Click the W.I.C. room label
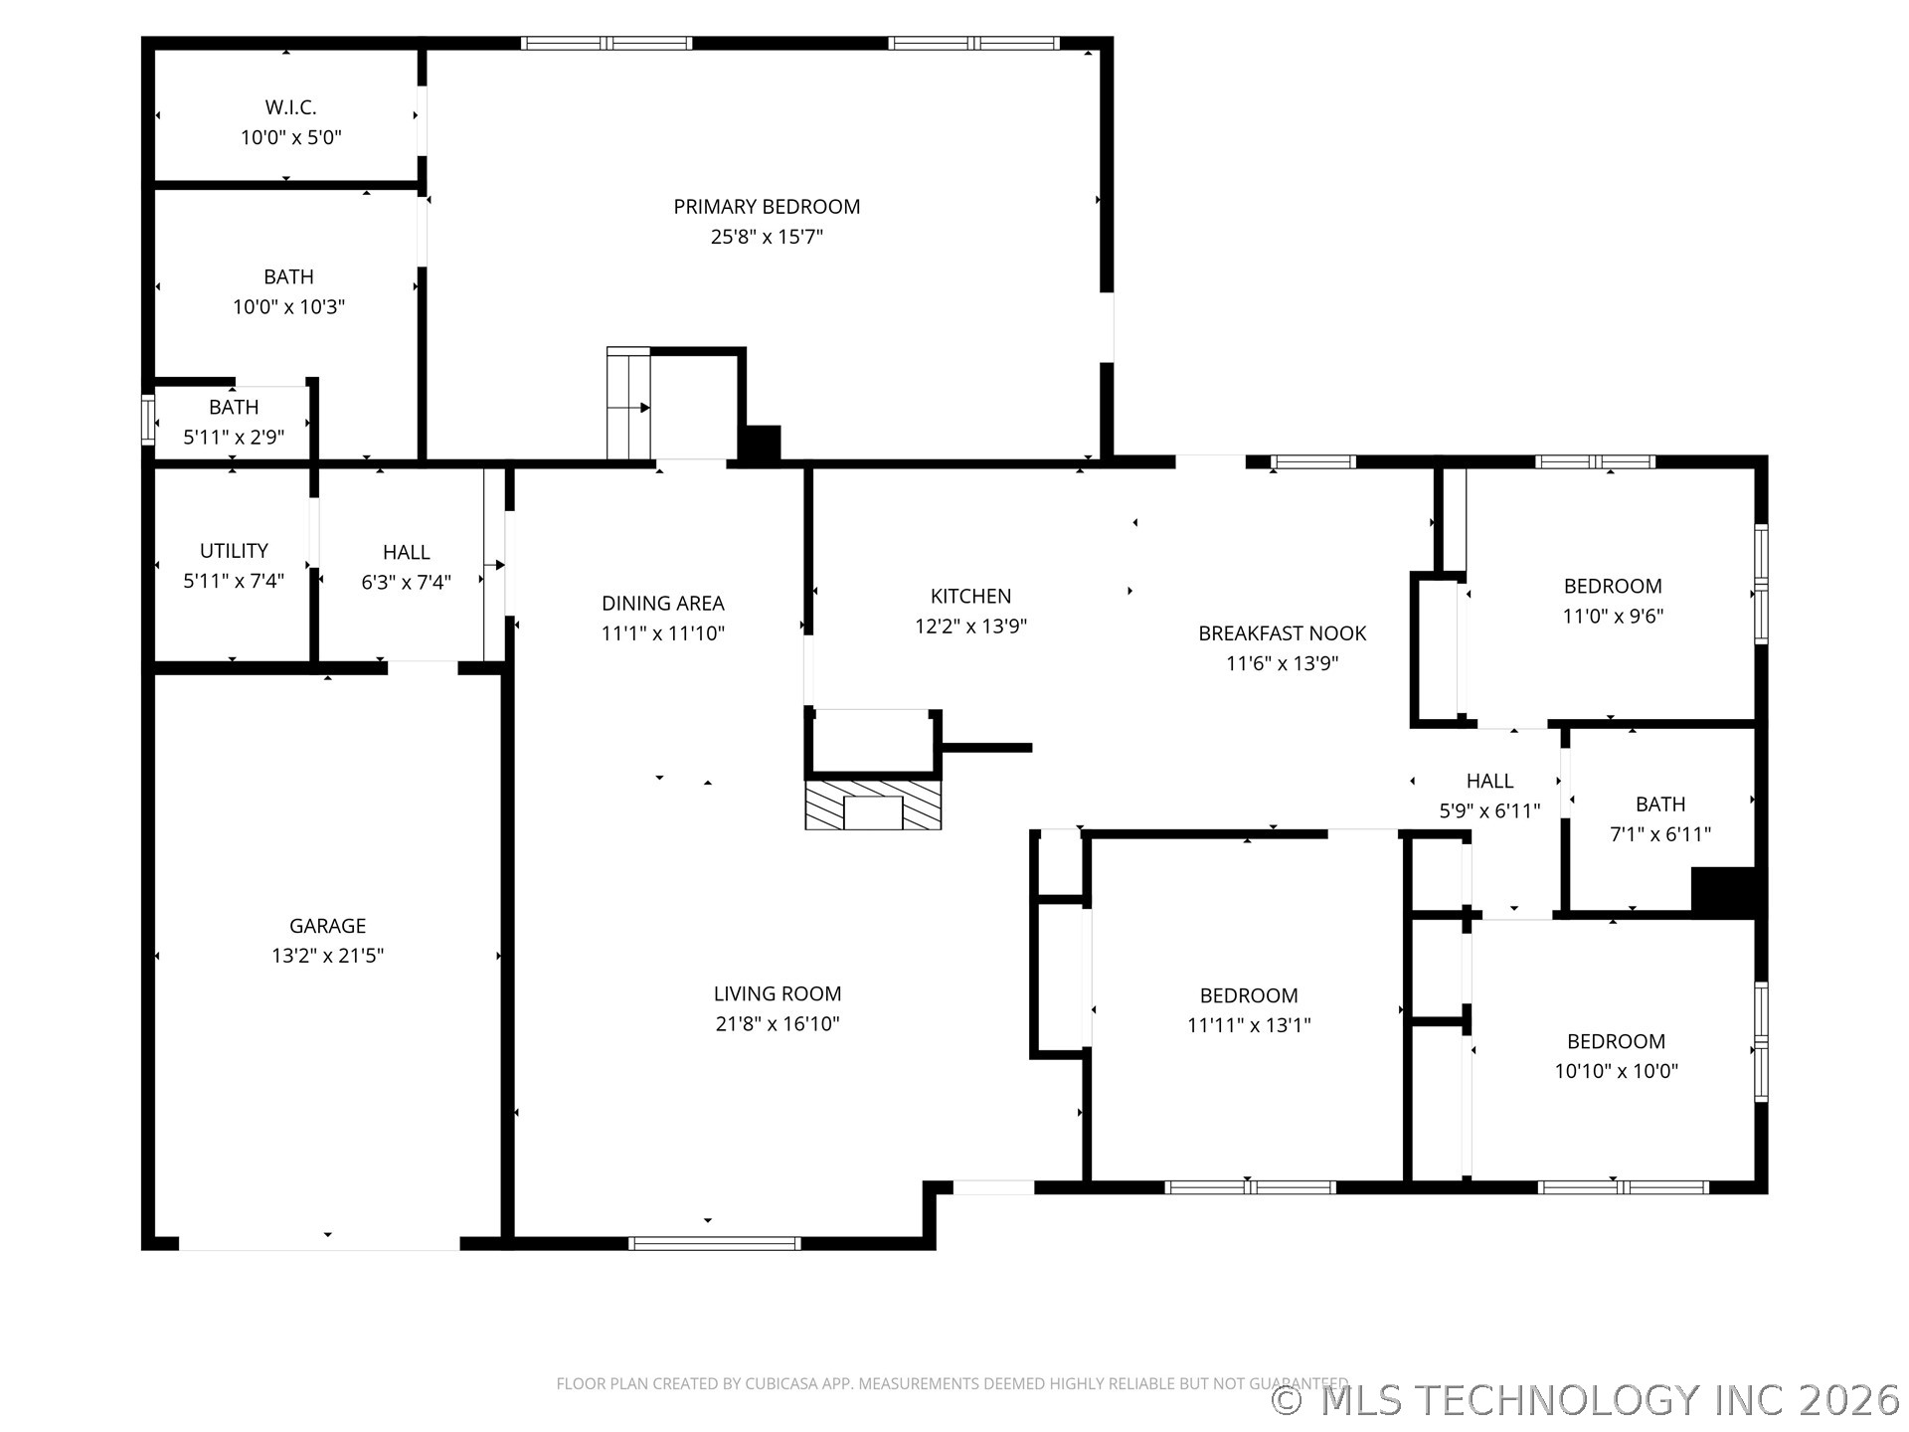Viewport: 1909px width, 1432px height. [290, 107]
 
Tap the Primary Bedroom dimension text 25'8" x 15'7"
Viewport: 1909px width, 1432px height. [767, 237]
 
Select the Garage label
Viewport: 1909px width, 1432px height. [328, 926]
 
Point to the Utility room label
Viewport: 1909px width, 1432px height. [234, 551]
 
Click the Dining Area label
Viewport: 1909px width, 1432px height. [663, 604]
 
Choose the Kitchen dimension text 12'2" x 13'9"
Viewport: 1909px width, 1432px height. [971, 626]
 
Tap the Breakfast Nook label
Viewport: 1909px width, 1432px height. [1283, 633]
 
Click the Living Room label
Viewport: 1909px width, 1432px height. [778, 993]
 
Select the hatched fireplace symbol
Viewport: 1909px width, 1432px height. [873, 805]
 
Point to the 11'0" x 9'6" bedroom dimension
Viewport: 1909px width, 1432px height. [1613, 617]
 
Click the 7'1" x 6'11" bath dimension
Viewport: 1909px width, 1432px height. [1660, 834]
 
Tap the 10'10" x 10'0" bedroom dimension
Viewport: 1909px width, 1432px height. [1617, 1071]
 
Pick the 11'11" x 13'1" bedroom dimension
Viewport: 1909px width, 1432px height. [1249, 1025]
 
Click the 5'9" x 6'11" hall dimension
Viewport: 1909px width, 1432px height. [1489, 811]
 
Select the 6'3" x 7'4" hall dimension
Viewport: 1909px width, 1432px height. [406, 583]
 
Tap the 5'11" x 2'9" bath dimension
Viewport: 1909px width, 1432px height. [234, 438]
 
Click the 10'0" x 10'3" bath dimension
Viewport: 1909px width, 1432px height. [288, 307]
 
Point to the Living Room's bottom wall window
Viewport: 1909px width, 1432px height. [715, 1243]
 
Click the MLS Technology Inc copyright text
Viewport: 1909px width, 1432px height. [1586, 1400]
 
